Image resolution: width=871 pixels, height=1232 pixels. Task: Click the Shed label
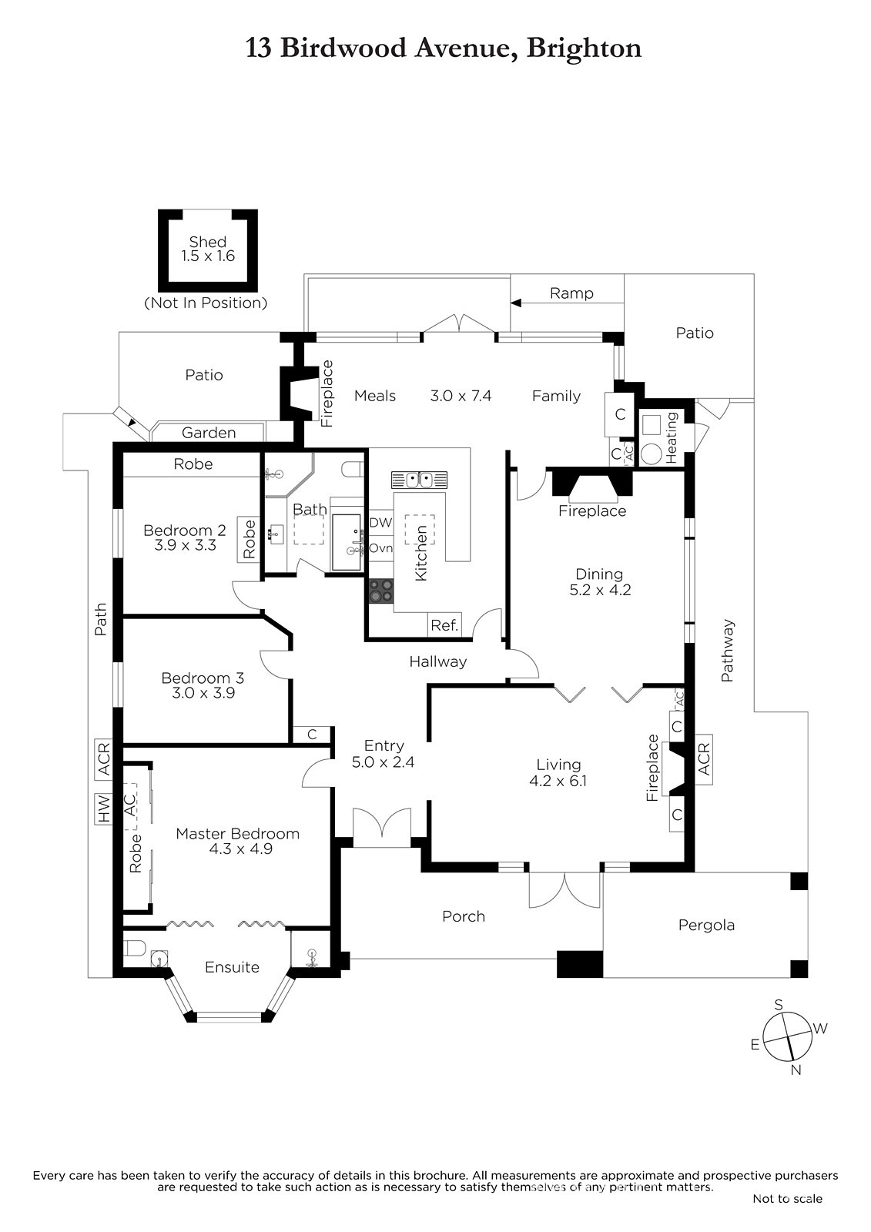[207, 242]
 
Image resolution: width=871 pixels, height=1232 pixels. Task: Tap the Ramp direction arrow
[567, 303]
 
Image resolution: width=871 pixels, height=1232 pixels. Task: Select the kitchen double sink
[419, 480]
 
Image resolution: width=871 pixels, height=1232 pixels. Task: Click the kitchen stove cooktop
[380, 592]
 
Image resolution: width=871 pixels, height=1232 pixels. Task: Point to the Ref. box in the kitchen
[444, 625]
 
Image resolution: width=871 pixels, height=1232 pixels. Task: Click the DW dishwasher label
[380, 523]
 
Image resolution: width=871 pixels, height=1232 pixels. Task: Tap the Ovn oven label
[380, 548]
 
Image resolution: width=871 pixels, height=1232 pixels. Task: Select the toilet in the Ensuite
[134, 948]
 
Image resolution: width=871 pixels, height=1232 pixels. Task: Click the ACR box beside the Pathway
[704, 759]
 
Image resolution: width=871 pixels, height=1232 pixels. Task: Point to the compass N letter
[796, 1070]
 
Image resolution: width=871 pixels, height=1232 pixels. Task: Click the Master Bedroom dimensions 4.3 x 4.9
[240, 849]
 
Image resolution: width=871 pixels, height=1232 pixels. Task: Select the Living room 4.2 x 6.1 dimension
[558, 781]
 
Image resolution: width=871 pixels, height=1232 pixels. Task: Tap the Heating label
[672, 437]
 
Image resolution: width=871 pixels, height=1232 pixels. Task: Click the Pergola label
[706, 925]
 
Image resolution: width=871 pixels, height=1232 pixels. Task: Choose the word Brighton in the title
[584, 49]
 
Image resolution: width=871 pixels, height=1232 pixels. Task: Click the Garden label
[209, 433]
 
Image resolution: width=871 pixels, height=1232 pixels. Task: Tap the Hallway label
[438, 661]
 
